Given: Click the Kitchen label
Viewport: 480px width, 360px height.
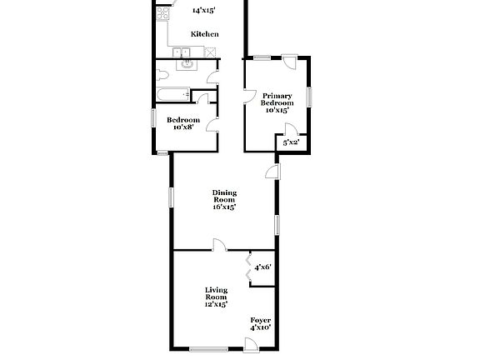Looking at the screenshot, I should [x=204, y=34].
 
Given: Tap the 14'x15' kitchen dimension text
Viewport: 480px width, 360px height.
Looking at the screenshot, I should [x=204, y=11].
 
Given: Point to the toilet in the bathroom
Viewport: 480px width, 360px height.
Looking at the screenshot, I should [x=161, y=75].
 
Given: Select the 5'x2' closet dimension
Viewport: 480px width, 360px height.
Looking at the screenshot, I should [x=291, y=143].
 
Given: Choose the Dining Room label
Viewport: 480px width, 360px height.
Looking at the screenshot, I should [x=224, y=197].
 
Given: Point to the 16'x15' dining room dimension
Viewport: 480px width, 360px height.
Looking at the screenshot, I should [x=224, y=207].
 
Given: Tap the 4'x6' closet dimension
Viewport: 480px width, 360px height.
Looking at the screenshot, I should [x=262, y=267].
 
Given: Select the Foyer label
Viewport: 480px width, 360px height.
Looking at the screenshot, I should [x=261, y=320].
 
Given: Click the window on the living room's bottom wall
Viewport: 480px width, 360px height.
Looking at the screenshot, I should [x=208, y=348].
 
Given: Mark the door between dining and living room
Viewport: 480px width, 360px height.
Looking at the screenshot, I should [x=218, y=245].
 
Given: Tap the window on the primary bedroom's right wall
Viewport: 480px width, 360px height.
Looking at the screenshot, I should [x=308, y=95].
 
